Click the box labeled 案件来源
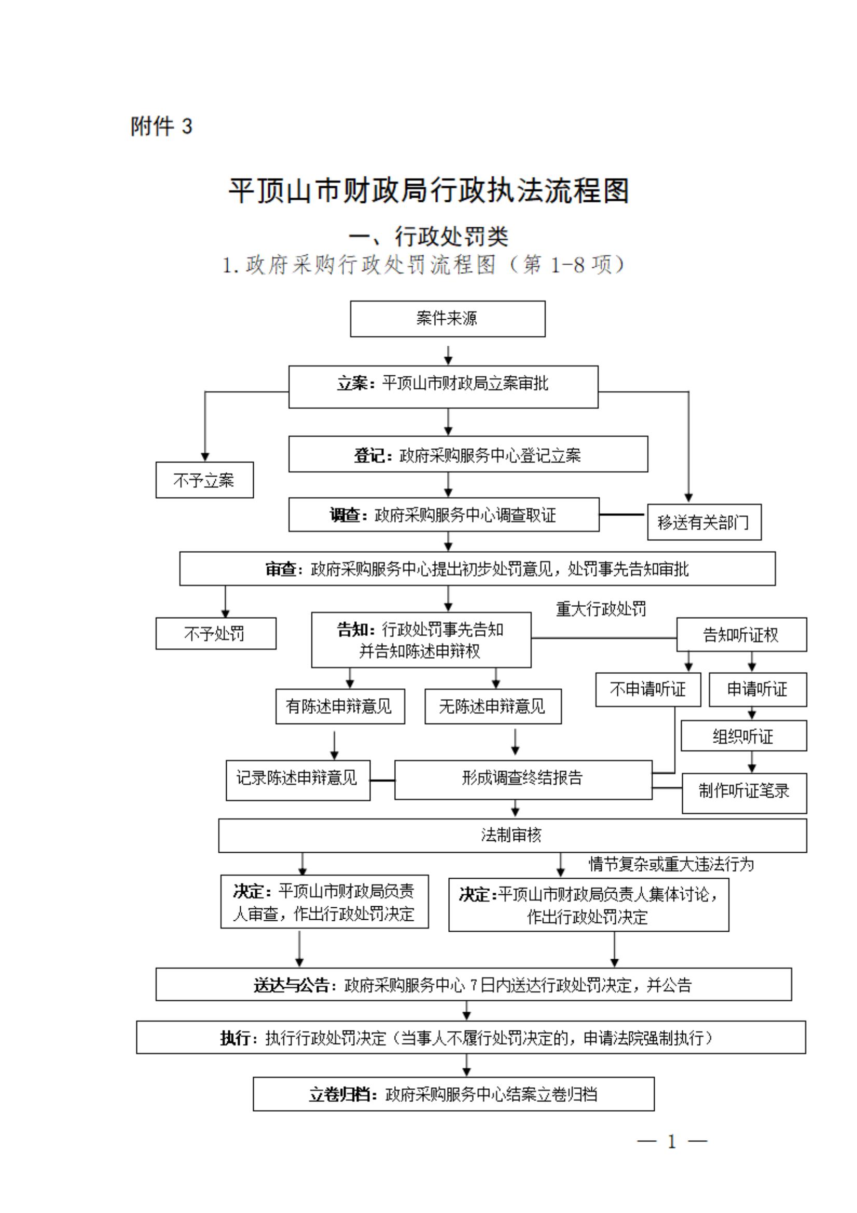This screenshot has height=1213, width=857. [x=447, y=319]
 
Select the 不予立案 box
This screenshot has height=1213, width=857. [x=204, y=480]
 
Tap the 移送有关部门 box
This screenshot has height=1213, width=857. [x=704, y=522]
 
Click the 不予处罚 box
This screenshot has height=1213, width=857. [x=215, y=633]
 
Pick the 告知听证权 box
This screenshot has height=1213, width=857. [x=741, y=634]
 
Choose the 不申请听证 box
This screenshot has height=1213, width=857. [x=648, y=689]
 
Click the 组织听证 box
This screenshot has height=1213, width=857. [x=743, y=736]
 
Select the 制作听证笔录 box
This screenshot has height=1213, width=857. [x=744, y=791]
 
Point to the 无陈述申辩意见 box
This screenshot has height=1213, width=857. [x=493, y=706]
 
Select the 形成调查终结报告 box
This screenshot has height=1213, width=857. [x=523, y=778]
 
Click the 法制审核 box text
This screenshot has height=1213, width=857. [x=511, y=835]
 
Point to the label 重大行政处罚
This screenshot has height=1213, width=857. [x=601, y=609]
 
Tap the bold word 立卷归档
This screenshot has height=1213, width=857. [x=339, y=1094]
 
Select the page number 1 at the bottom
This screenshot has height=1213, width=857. [x=672, y=1142]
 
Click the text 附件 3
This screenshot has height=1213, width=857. [x=161, y=127]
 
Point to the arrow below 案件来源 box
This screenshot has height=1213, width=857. [x=448, y=355]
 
